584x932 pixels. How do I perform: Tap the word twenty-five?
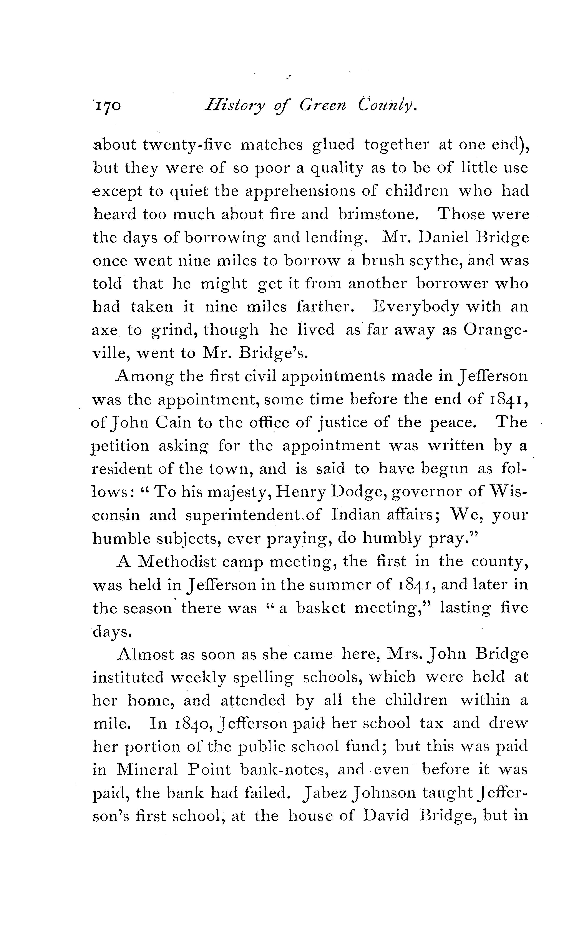(x=187, y=145)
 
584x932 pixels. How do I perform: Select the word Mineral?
(x=147, y=770)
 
